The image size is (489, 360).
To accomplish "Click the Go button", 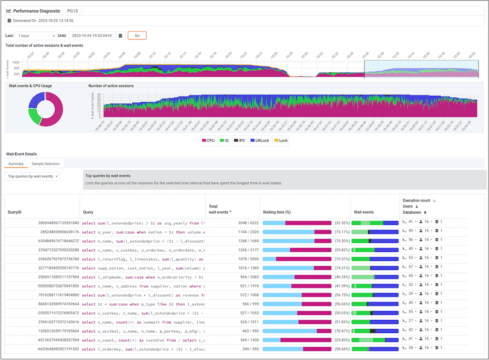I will (x=137, y=35).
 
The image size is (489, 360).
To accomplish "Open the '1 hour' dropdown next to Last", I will (x=36, y=35).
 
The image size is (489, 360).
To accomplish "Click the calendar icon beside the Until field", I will (x=120, y=35).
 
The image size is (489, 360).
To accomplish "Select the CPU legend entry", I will (x=208, y=140).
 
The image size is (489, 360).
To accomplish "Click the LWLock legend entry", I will (x=259, y=140).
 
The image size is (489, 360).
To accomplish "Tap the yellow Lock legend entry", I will (x=281, y=140).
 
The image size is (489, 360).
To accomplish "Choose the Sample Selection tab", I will (x=45, y=163).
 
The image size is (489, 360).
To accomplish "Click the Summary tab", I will (x=16, y=163).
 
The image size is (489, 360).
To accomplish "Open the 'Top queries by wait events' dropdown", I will (x=32, y=176).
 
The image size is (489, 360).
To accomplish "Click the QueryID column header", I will (x=16, y=212).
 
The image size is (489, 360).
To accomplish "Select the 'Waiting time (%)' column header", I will (x=277, y=212).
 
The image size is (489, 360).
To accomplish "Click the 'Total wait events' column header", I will (x=220, y=209).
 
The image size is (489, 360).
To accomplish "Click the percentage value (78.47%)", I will (x=342, y=331).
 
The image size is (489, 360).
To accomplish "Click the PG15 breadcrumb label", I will (x=73, y=11).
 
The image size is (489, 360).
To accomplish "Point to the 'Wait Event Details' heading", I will (x=21, y=154).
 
